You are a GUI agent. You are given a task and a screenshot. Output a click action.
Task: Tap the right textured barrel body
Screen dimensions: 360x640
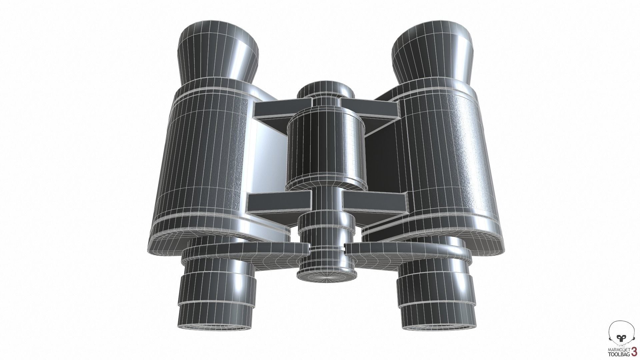(447, 157)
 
